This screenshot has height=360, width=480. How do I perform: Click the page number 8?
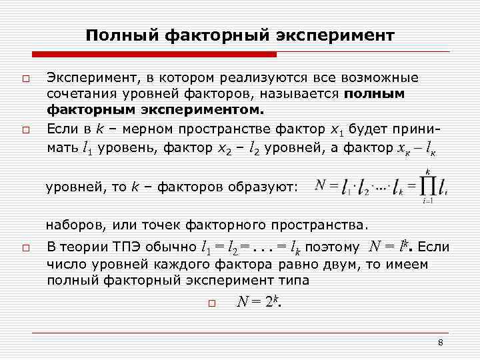point(441,342)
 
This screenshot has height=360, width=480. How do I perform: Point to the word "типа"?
point(295,280)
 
